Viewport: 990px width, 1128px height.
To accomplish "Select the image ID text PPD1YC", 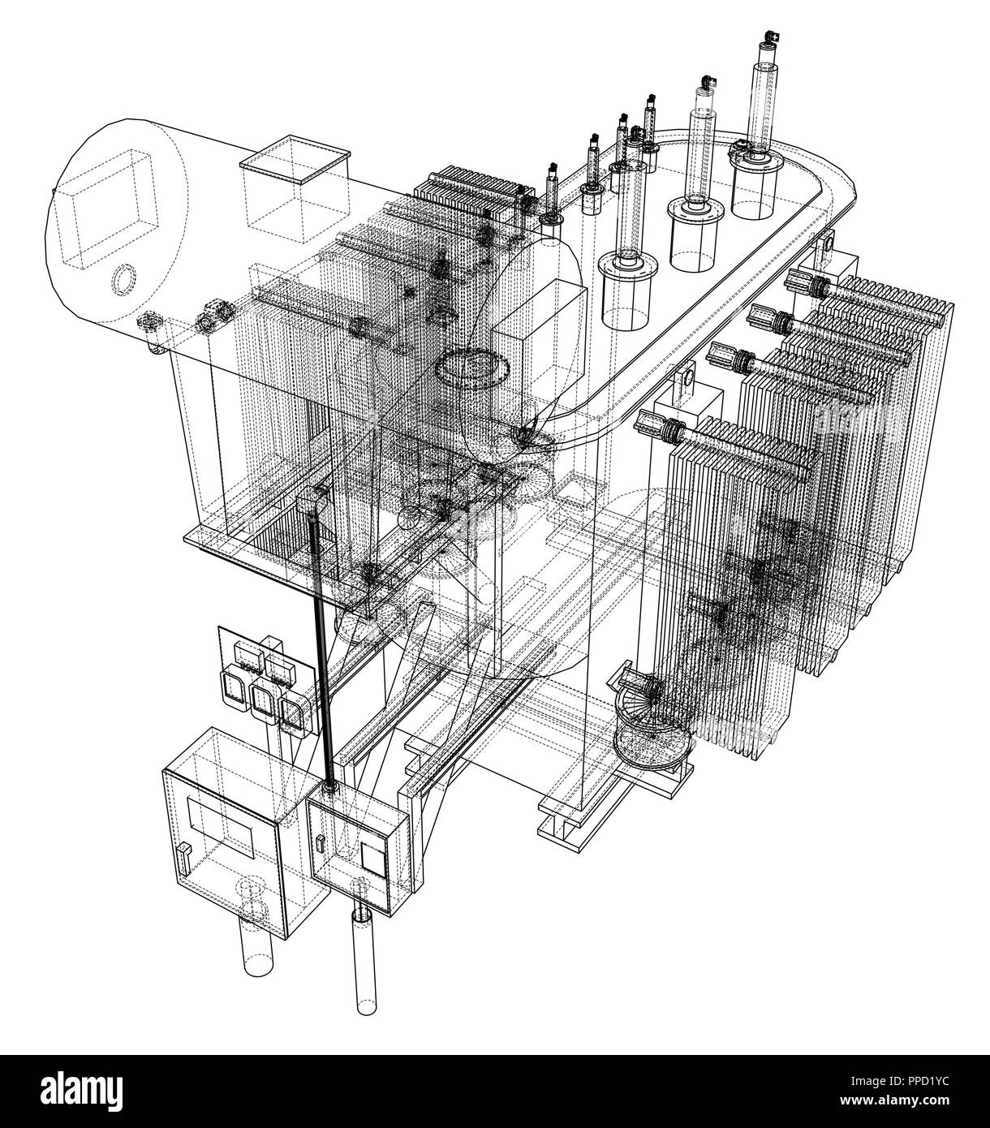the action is (918, 1081).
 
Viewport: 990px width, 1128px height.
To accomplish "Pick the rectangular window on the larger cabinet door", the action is (221, 826).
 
